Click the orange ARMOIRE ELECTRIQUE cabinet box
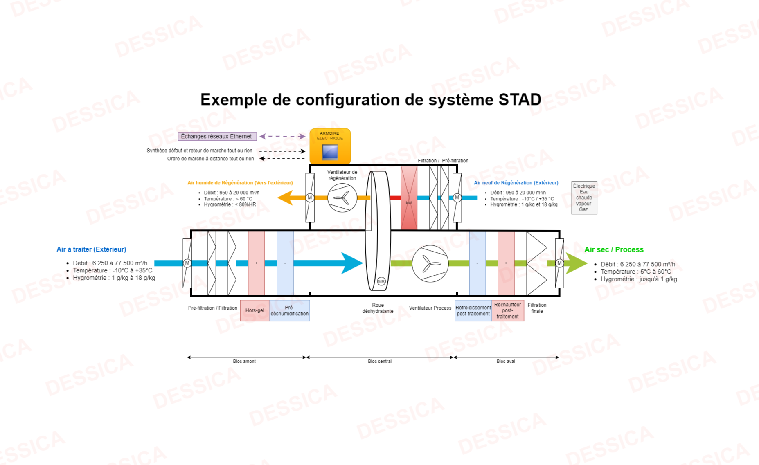point(330,146)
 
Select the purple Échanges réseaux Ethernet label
point(217,136)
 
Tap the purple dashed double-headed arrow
point(283,136)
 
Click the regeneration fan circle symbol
point(342,198)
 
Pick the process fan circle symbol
point(430,263)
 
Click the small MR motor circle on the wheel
point(381,281)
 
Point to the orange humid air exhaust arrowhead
point(286,198)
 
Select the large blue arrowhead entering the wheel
point(352,263)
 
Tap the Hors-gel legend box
point(255,310)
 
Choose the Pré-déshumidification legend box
point(290,310)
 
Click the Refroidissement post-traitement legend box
point(473,310)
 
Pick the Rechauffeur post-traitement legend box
point(508,310)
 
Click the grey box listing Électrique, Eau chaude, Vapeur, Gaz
point(584,198)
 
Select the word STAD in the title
point(520,99)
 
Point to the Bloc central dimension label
point(380,361)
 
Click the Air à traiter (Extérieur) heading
point(91,249)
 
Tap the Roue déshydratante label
point(378,308)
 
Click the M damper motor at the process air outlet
point(559,263)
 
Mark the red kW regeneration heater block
point(409,198)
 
